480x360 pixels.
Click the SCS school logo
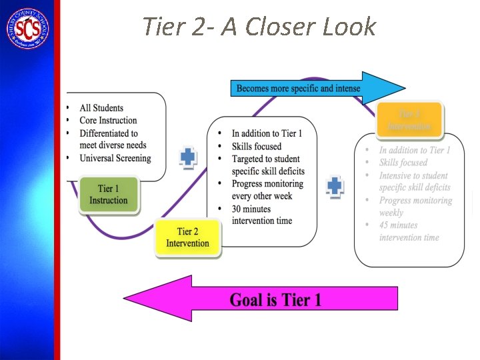[27, 28]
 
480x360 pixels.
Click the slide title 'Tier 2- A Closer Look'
[259, 27]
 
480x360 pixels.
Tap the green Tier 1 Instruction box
[109, 195]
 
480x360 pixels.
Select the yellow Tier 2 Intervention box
[187, 237]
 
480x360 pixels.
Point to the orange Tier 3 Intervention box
[410, 120]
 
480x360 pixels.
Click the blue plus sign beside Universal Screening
[189, 157]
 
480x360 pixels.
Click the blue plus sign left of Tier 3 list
[335, 186]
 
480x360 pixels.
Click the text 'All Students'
[101, 108]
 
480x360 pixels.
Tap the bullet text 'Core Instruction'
[108, 121]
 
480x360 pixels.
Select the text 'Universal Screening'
[115, 158]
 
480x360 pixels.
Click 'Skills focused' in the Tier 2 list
[257, 146]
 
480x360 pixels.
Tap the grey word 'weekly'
[391, 213]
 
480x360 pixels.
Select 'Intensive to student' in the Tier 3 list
[413, 175]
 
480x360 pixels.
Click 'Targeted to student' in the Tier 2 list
[265, 159]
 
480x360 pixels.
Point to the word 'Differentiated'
[103, 133]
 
